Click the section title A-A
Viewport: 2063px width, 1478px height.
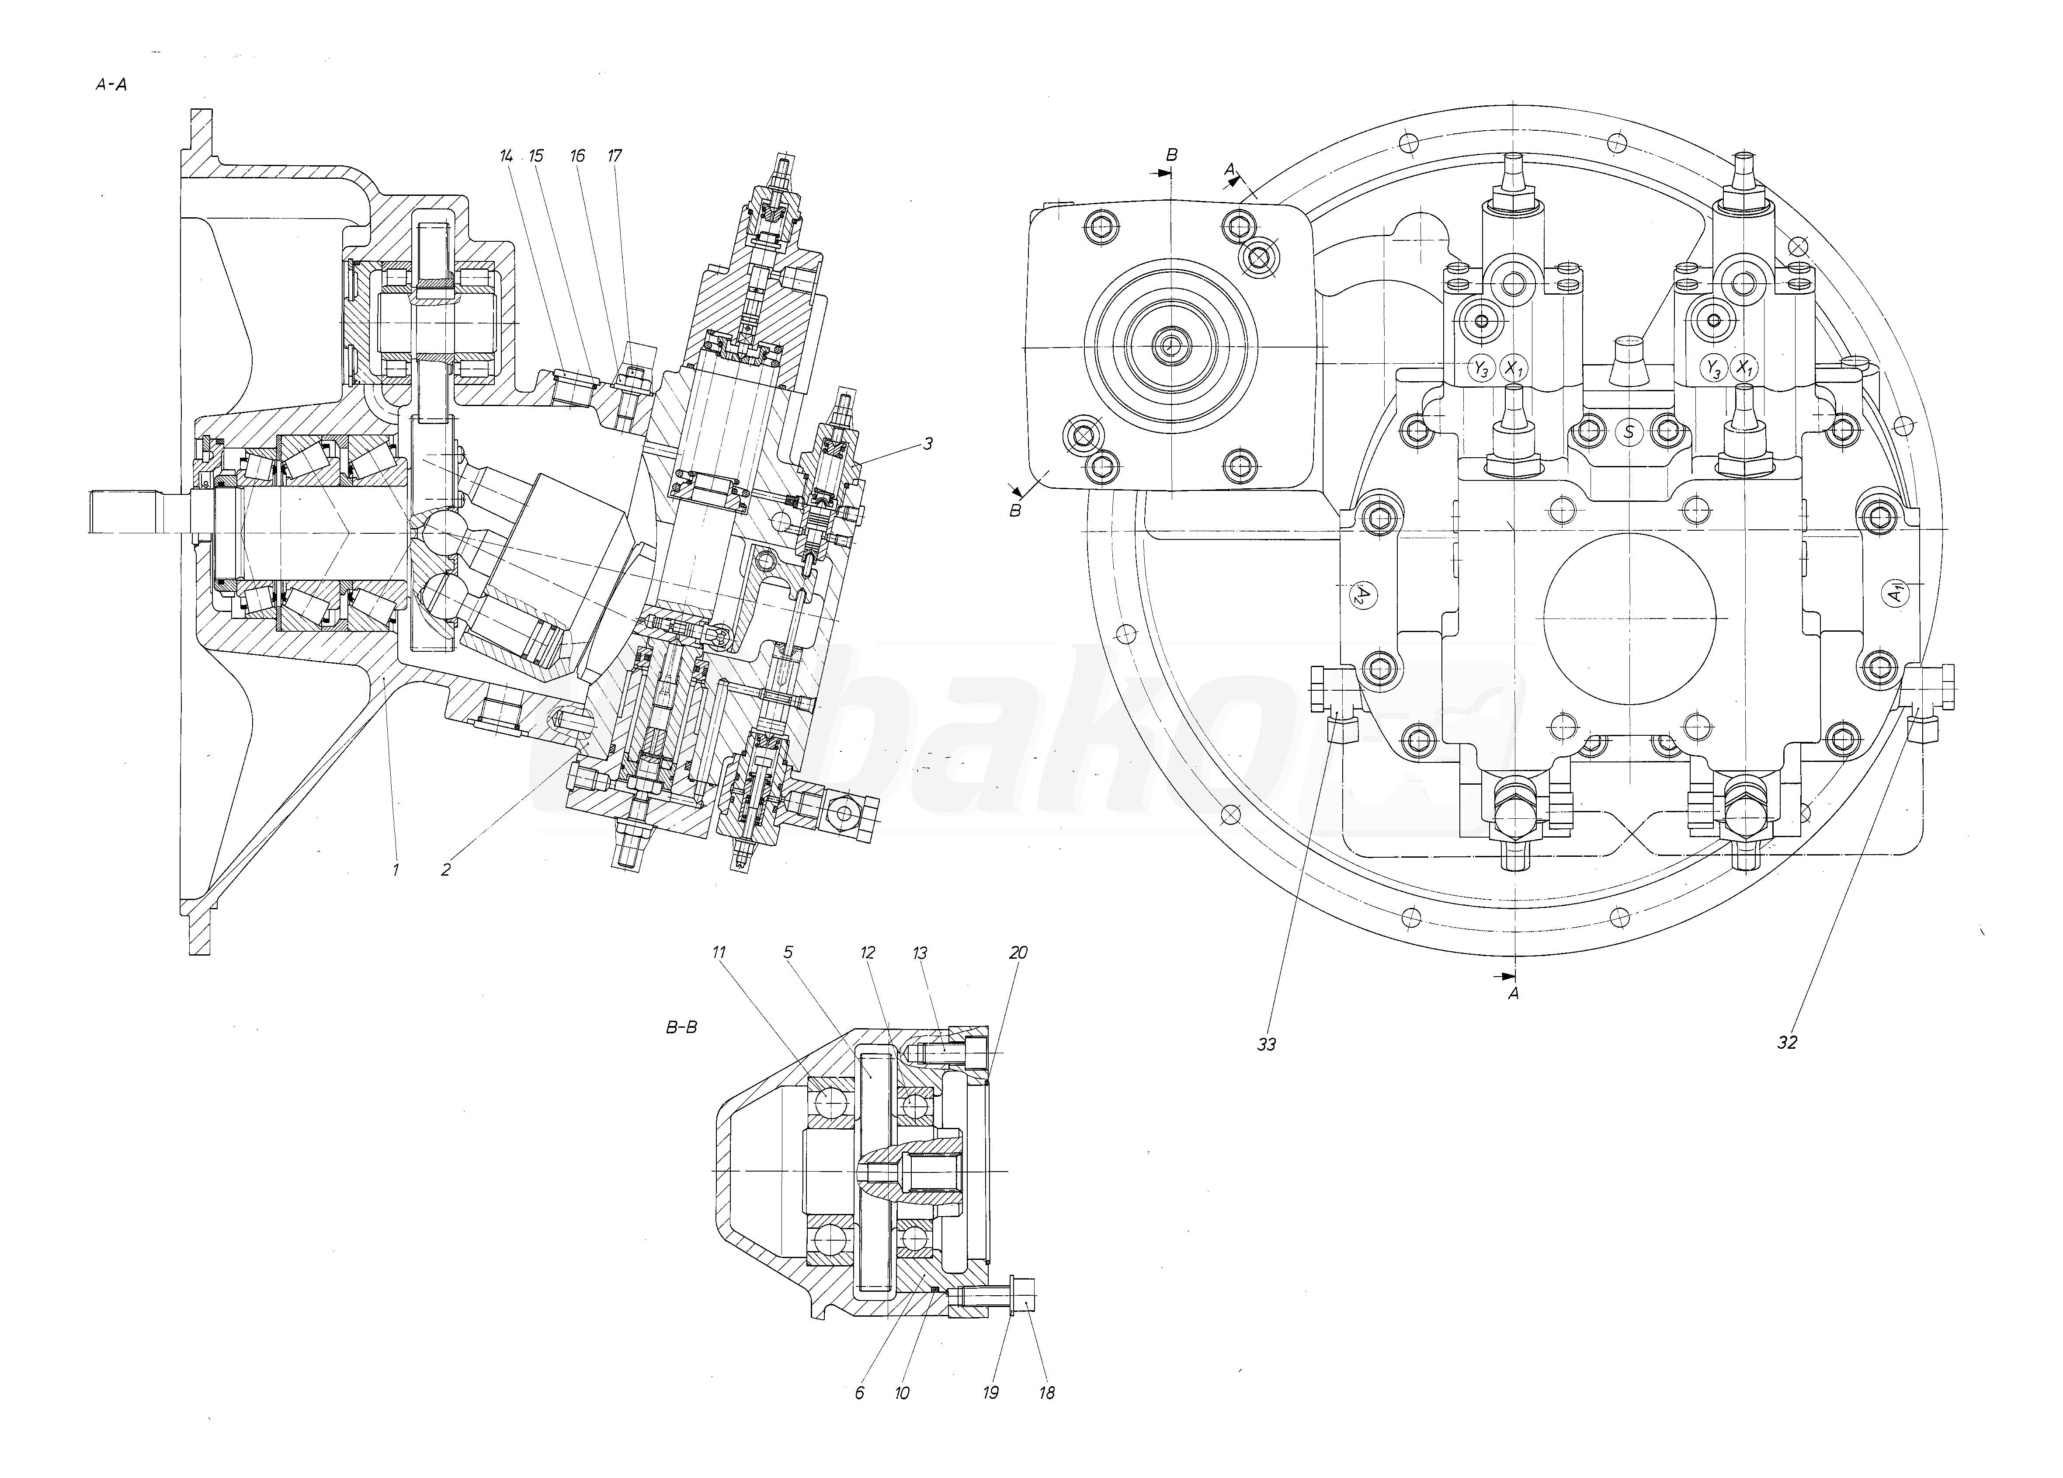[x=111, y=84]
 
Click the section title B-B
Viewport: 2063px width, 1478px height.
[x=681, y=1028]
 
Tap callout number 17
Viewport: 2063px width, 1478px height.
[x=615, y=156]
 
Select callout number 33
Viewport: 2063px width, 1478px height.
[x=1266, y=1045]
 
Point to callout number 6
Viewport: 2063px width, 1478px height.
[x=860, y=1392]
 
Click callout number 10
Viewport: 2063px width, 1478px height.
[x=902, y=1392]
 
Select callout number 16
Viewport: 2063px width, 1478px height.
[x=578, y=156]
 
